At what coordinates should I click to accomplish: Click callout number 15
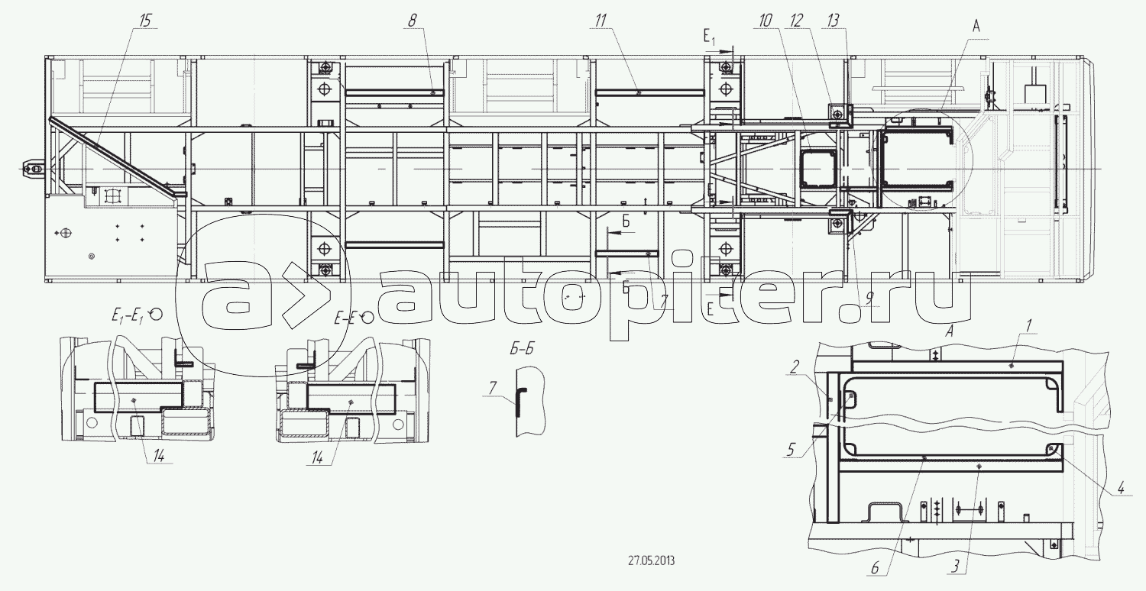click(x=146, y=21)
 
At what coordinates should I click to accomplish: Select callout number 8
click(x=413, y=21)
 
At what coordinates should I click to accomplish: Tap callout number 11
click(x=601, y=21)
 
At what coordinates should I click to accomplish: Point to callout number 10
click(x=766, y=21)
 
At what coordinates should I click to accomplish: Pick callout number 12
click(x=797, y=21)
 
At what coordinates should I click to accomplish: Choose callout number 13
click(x=834, y=21)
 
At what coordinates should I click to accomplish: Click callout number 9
click(x=869, y=297)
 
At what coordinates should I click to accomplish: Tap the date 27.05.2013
click(x=651, y=560)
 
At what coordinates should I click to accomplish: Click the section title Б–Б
click(x=521, y=349)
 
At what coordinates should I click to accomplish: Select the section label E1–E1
click(x=128, y=317)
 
